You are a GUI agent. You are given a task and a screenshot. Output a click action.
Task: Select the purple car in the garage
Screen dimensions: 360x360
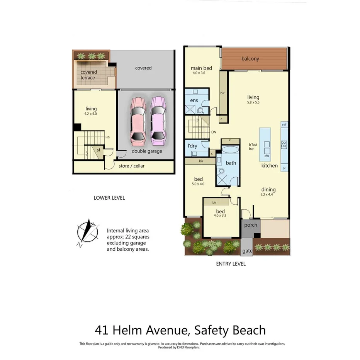pos(158,119)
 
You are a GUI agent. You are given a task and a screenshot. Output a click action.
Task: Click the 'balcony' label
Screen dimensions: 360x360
pos(250,59)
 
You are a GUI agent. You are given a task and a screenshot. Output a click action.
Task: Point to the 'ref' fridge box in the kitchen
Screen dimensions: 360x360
pos(284,124)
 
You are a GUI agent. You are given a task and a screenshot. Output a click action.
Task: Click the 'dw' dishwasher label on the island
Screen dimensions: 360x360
pos(267,156)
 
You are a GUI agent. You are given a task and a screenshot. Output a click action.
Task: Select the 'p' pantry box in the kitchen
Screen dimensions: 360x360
pos(284,168)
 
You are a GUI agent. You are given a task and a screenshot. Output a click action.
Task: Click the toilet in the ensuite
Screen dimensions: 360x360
pos(200,110)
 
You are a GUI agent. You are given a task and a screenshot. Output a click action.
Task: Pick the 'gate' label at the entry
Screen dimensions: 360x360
pos(247,251)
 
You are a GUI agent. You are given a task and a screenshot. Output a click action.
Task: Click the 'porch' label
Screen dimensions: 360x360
pos(251,225)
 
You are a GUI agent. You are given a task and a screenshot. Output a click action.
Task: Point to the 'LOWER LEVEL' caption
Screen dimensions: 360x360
pos(109,198)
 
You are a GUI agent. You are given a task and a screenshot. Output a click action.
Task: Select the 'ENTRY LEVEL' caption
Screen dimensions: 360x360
pos(231,264)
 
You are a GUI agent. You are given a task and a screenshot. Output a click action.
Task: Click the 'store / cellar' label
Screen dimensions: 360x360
pos(131,166)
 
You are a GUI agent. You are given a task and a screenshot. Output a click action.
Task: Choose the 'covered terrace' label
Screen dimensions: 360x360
pos(88,75)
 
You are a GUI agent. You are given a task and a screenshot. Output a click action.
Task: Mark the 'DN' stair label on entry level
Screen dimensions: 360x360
pos(214,132)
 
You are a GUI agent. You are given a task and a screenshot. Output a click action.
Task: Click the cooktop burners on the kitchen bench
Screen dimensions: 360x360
pos(284,144)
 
